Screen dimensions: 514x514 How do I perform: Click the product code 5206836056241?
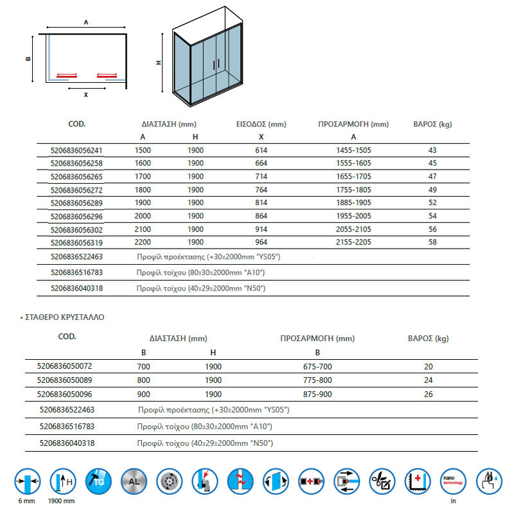pyautogui.click(x=76, y=150)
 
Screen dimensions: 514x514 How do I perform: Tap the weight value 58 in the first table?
pyautogui.click(x=432, y=242)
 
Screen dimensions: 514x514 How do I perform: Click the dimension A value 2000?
pyautogui.click(x=143, y=217)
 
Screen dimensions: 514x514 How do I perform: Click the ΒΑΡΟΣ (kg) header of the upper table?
pyautogui.click(x=432, y=124)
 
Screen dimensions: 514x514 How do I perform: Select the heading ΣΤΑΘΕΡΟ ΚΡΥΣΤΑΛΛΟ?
pyautogui.click(x=62, y=317)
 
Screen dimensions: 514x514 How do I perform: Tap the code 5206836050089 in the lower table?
pyautogui.click(x=65, y=380)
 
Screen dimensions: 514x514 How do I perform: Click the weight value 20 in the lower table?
pyautogui.click(x=429, y=366)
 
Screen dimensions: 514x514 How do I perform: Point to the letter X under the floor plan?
pyautogui.click(x=85, y=95)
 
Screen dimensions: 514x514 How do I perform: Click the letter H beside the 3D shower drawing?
pyautogui.click(x=158, y=63)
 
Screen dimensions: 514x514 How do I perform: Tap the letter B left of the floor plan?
pyautogui.click(x=28, y=58)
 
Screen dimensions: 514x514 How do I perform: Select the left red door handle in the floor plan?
pyautogui.click(x=67, y=75)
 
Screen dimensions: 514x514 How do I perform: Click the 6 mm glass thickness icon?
pyautogui.click(x=28, y=482)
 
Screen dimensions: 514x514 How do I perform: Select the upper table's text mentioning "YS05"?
pyautogui.click(x=209, y=256)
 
